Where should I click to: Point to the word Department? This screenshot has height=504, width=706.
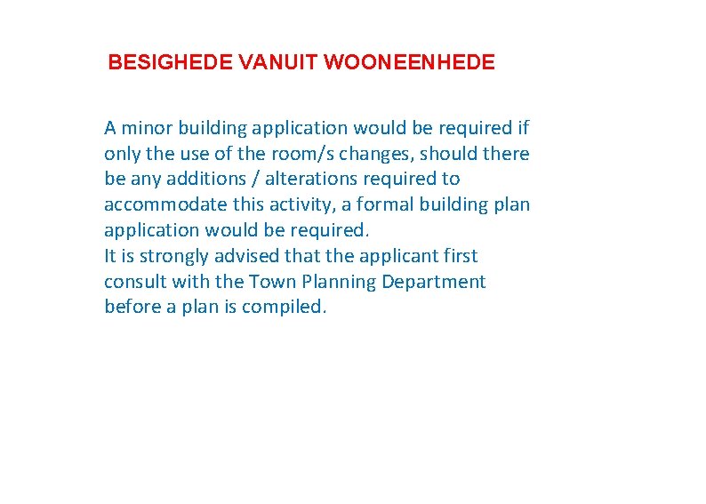coord(434,282)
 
